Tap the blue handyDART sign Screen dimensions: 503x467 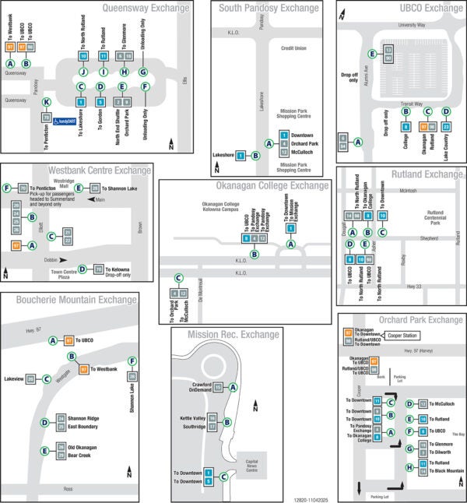(70, 121)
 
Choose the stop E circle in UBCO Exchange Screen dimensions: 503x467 (373, 54)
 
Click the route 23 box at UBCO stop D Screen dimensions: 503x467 (446, 126)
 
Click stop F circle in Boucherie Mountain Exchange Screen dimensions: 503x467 (132, 361)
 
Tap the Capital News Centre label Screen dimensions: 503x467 (251, 464)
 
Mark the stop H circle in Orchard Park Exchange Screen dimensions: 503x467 (409, 467)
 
